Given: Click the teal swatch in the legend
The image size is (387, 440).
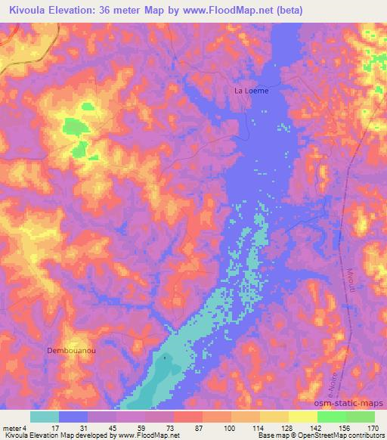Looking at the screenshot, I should click(45, 417).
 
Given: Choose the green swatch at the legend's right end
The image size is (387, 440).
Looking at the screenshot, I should click(361, 417).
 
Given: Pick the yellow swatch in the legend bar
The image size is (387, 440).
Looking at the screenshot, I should click(303, 417).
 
